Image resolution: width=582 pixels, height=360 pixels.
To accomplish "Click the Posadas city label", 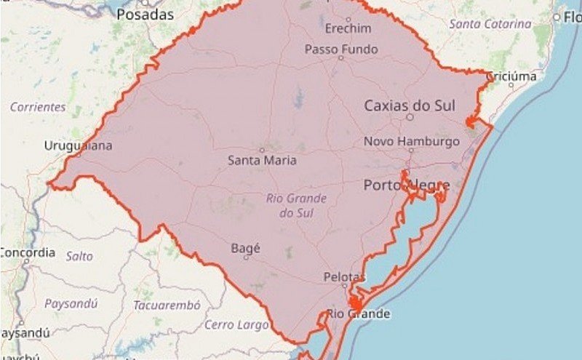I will pyautogui.click(x=145, y=15).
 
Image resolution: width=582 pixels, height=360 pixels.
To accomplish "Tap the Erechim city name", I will pyautogui.click(x=348, y=28).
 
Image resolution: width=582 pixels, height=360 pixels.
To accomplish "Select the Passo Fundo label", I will pyautogui.click(x=341, y=49).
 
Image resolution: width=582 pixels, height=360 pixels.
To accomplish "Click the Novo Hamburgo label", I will pyautogui.click(x=412, y=141).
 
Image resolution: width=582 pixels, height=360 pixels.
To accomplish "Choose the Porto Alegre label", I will pyautogui.click(x=407, y=185).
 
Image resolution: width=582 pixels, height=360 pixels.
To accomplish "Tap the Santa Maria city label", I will pyautogui.click(x=262, y=160).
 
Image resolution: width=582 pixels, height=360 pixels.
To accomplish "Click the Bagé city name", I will pyautogui.click(x=245, y=248).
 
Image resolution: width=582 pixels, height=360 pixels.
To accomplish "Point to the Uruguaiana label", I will pyautogui.click(x=79, y=145).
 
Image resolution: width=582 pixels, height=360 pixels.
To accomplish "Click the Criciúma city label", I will pyautogui.click(x=511, y=76).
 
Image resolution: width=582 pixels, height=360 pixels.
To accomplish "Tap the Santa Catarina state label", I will pyautogui.click(x=490, y=24).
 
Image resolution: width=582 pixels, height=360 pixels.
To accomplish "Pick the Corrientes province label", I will pyautogui.click(x=38, y=107).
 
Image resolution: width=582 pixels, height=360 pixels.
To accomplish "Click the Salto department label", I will pyautogui.click(x=79, y=256).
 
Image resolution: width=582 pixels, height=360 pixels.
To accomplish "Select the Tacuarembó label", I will pyautogui.click(x=166, y=305).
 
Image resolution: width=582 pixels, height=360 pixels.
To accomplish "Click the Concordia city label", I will pyautogui.click(x=27, y=252).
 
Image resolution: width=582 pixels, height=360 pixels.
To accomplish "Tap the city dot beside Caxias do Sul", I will pyautogui.click(x=410, y=116).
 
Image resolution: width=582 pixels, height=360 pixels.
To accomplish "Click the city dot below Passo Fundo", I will pyautogui.click(x=340, y=58).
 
